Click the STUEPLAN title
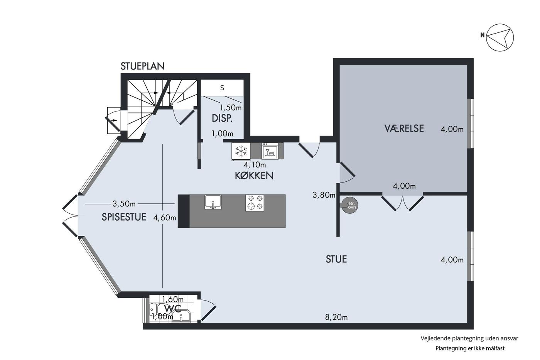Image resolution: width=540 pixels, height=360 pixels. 142,66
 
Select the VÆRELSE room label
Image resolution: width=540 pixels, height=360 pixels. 404,128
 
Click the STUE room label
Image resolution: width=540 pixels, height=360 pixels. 336,259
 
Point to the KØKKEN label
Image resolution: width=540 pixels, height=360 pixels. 254,176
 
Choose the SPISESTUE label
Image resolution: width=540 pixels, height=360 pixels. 124,217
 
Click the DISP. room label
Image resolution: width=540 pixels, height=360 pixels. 222,118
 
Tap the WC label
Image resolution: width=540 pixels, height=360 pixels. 173,309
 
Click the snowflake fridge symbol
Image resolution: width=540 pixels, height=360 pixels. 241,151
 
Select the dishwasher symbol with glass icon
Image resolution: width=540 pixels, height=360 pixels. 270,151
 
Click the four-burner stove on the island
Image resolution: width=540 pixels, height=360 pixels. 255,203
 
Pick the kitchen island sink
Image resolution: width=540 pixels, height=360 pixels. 213,202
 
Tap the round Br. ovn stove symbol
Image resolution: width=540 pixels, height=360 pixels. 350,205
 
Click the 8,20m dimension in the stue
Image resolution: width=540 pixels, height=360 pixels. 336,317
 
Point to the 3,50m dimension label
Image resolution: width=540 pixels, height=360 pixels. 124,204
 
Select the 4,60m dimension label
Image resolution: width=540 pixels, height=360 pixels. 165,218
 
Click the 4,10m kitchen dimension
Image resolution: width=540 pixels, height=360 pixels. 255,165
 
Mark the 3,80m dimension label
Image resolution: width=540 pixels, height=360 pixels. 324,195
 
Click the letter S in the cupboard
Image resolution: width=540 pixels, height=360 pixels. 222,88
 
